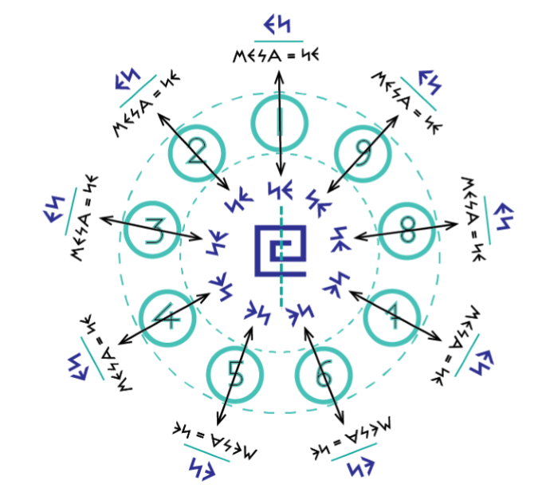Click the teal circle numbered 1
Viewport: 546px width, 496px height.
coord(279,123)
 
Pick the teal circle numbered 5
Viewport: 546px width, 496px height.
coord(234,372)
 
